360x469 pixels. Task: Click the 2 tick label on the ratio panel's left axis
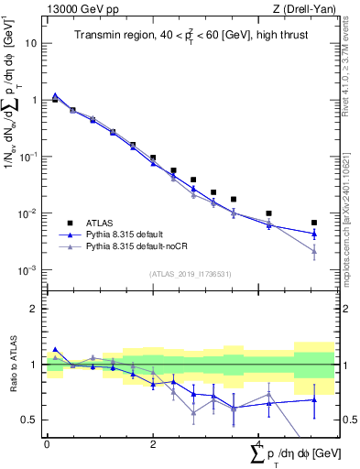pyautogui.click(x=34, y=309)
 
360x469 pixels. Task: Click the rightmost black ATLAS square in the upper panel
pyautogui.click(x=314, y=223)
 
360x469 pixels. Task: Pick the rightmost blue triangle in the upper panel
pyautogui.click(x=314, y=233)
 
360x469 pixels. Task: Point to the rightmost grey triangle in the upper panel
pyautogui.click(x=314, y=250)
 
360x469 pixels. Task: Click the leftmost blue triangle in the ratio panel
pyautogui.click(x=55, y=349)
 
